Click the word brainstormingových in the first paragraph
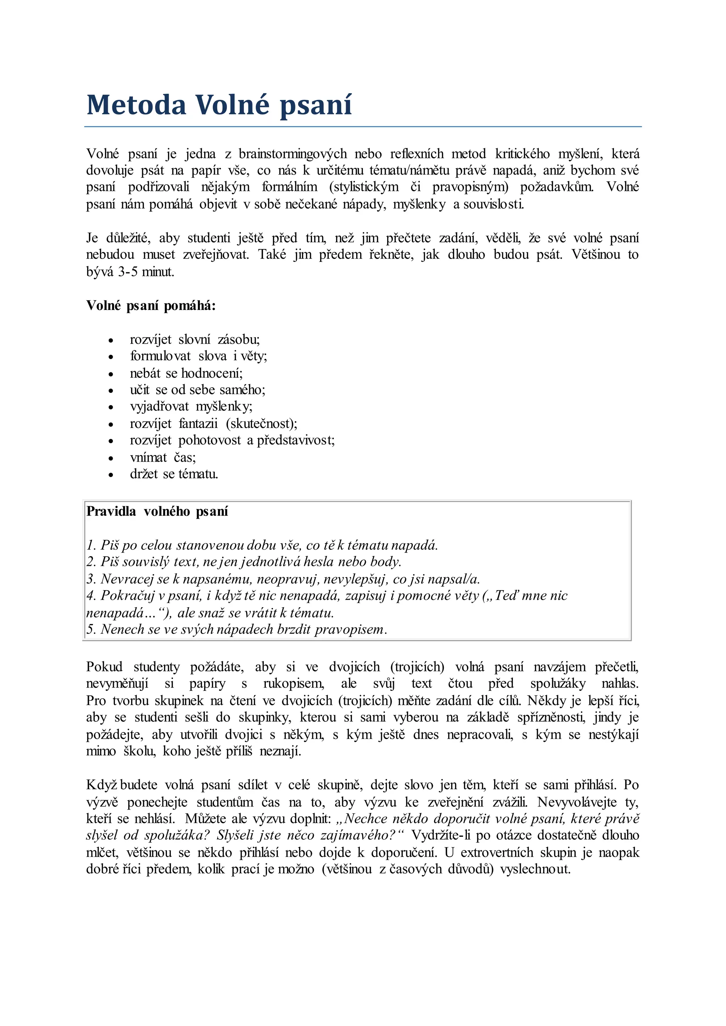click(x=292, y=154)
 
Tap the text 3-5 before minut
click(x=127, y=272)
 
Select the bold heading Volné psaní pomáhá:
click(x=151, y=306)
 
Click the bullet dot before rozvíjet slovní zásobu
click(x=111, y=340)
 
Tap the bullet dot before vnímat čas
click(x=111, y=458)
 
